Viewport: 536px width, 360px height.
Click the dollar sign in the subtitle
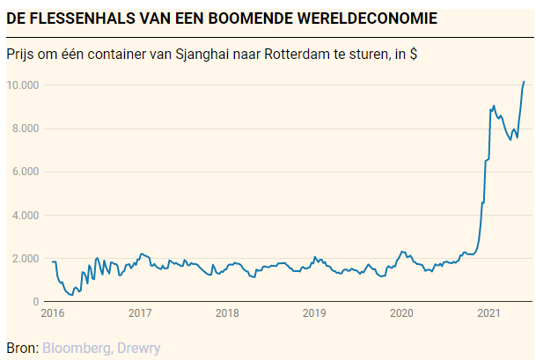coord(413,55)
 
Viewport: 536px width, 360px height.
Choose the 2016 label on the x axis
coord(53,312)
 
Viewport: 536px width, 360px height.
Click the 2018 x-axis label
coord(227,312)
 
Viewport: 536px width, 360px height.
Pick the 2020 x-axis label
coord(401,312)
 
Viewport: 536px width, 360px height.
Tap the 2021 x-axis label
coord(488,312)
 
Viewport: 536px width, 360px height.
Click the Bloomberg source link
coord(75,348)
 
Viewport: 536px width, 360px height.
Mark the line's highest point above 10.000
coord(524,82)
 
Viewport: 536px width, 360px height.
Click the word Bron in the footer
coord(20,348)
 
